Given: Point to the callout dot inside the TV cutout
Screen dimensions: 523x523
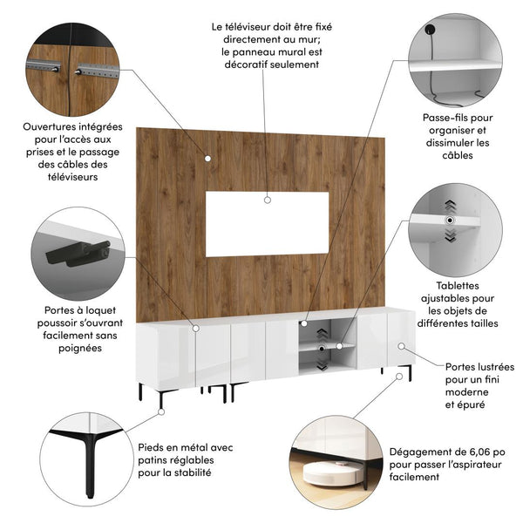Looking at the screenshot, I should pyautogui.click(x=267, y=200).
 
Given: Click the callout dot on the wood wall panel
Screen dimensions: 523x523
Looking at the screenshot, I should pyautogui.click(x=207, y=159).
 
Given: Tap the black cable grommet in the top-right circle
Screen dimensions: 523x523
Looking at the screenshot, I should pyautogui.click(x=431, y=31).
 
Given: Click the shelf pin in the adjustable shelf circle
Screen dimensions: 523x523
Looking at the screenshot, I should pyautogui.click(x=450, y=221).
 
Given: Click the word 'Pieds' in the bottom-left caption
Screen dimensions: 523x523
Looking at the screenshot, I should pyautogui.click(x=153, y=446).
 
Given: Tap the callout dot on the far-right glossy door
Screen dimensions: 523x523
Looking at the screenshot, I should pyautogui.click(x=403, y=345).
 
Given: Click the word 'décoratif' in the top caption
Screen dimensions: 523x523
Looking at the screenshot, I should pyautogui.click(x=246, y=64).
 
